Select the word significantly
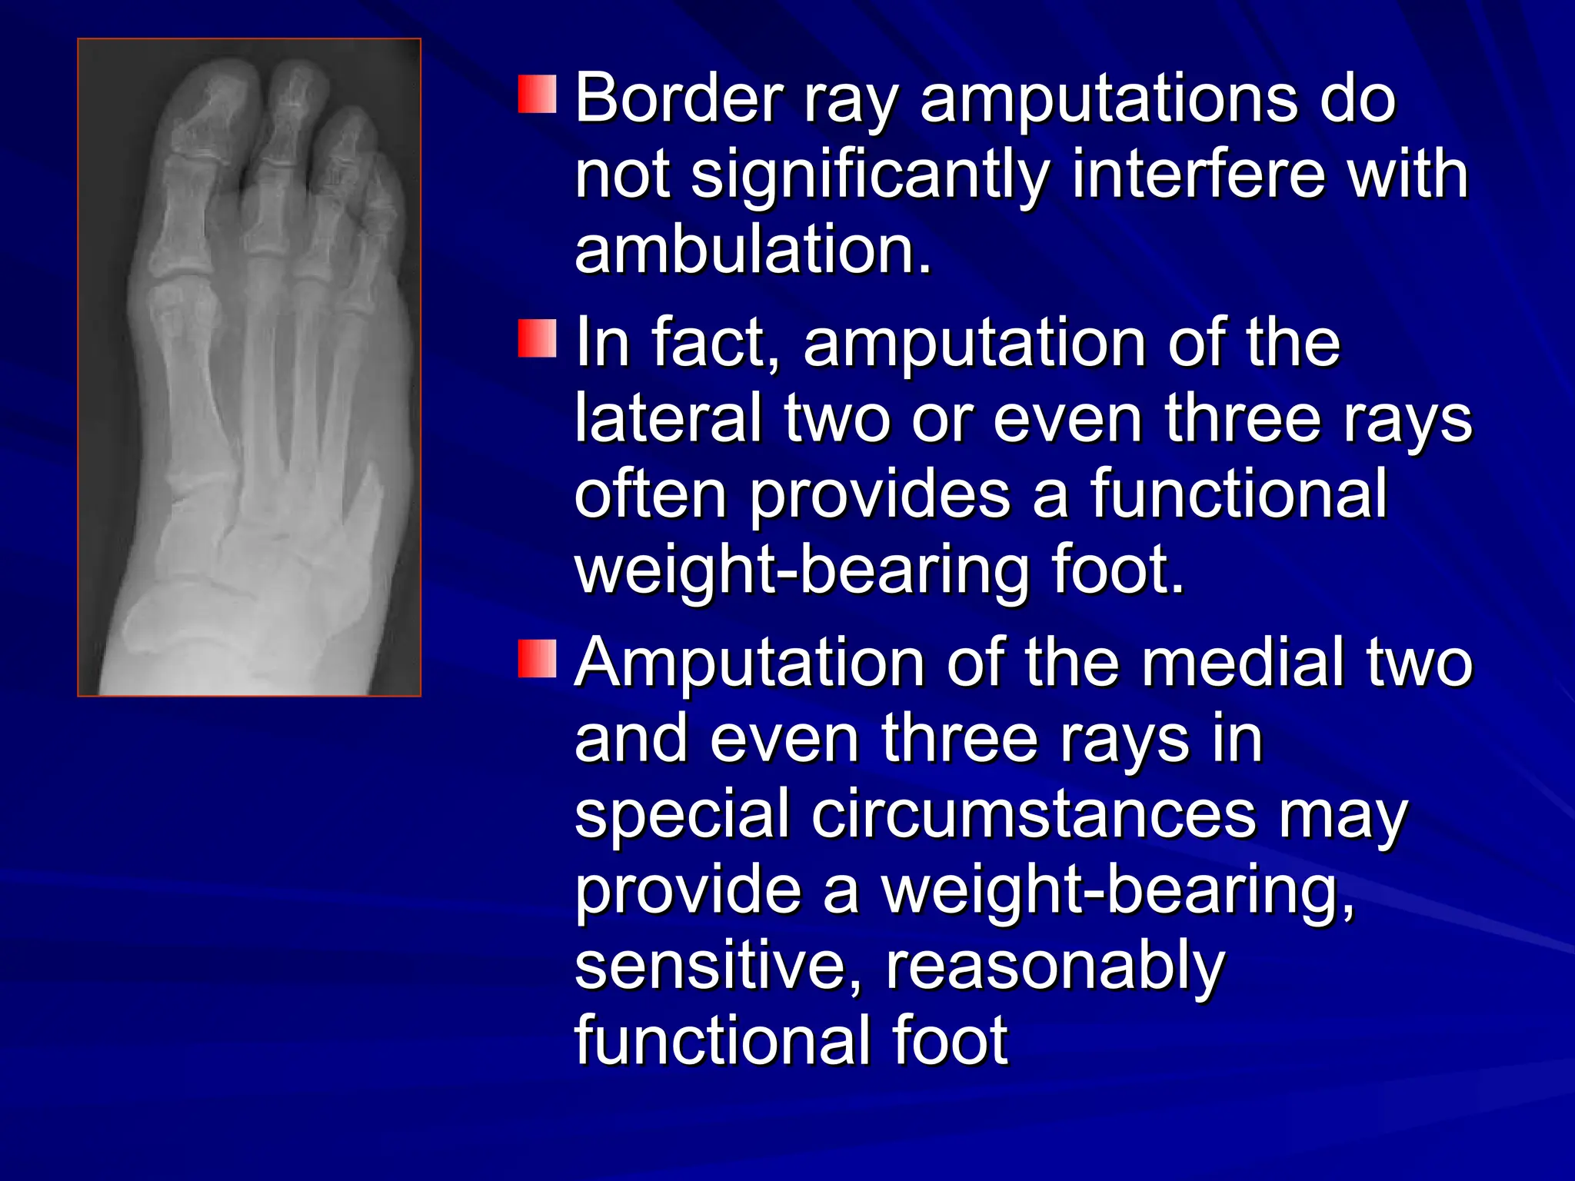click(869, 177)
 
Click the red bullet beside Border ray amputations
click(538, 95)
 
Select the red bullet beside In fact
click(538, 339)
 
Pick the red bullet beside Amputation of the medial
click(538, 659)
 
